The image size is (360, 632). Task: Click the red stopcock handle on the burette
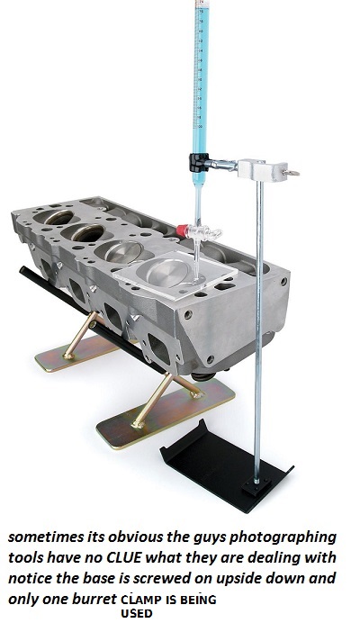182,230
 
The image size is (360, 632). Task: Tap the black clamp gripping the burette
198,162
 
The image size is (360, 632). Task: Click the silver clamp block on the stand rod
263,169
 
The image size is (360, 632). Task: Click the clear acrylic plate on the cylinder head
175,275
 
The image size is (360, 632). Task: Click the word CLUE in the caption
124,557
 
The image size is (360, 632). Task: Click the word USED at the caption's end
137,614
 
